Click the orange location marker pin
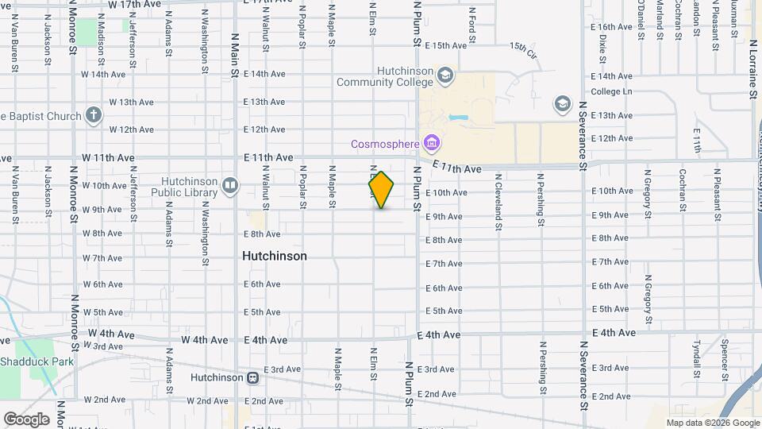381,190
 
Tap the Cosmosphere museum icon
433,144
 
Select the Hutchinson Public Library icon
230,186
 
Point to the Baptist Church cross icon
94,116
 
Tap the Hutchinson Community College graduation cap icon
445,75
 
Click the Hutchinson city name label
274,257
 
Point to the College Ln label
611,91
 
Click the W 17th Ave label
134,5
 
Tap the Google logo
26,419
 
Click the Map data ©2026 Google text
712,423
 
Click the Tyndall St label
695,358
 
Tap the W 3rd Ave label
108,346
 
